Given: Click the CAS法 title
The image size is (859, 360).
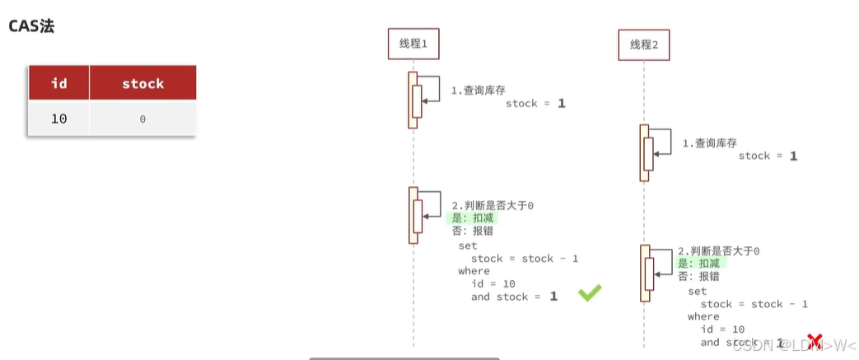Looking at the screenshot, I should [x=31, y=26].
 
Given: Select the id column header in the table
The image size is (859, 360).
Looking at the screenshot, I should [x=58, y=83].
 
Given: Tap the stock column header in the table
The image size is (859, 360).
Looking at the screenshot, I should [x=142, y=83].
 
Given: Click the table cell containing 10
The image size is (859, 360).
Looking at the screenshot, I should [x=58, y=119].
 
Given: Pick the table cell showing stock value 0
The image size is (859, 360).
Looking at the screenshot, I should [x=142, y=119].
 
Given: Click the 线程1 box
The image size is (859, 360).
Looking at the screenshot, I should [x=413, y=44].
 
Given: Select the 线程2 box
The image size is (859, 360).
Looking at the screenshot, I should [x=644, y=44].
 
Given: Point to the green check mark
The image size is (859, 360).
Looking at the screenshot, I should [x=590, y=292].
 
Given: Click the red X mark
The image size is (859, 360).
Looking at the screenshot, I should [x=815, y=340].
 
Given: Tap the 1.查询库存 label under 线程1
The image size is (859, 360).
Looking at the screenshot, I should [x=479, y=90].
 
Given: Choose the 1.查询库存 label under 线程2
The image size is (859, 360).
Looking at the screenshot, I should [x=709, y=143].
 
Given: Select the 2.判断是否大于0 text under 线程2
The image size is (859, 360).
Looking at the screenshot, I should [x=718, y=250].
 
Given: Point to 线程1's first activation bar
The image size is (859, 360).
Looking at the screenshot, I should [x=413, y=100].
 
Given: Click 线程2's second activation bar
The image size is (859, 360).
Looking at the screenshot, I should [x=645, y=273].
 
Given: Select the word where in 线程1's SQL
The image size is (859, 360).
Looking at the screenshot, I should [x=474, y=271].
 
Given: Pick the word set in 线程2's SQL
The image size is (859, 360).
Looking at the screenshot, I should [x=697, y=291].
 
